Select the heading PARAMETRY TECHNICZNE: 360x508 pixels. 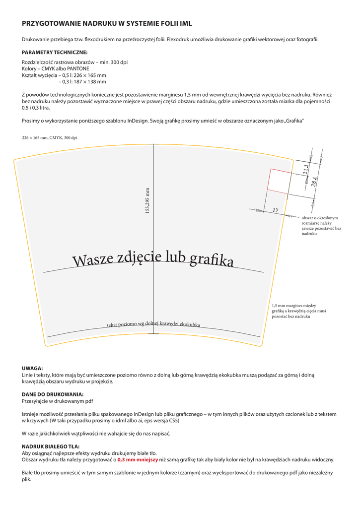(55, 52)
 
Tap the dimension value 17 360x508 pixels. (276, 211)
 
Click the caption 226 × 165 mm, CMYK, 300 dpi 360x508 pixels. (50, 137)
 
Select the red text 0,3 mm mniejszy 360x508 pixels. (138, 460)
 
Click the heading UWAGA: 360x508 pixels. (32, 368)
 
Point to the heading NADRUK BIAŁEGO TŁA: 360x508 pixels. (51, 446)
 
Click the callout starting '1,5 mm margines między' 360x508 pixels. (298, 311)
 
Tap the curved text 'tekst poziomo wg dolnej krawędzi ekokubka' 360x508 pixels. (153, 324)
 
